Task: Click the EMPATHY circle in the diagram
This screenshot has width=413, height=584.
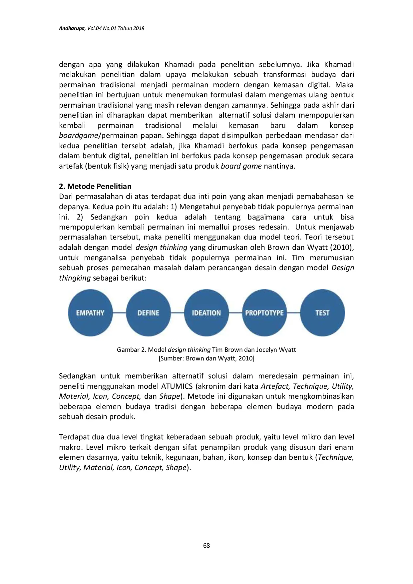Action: (90, 313)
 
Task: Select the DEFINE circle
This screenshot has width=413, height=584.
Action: (148, 313)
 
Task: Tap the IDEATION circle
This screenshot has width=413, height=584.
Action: (206, 313)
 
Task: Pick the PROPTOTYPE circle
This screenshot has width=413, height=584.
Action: (264, 313)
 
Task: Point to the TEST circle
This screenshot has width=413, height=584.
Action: (322, 313)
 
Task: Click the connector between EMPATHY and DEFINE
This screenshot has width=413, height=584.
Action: (119, 313)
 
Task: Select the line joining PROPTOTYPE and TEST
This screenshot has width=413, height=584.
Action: (293, 313)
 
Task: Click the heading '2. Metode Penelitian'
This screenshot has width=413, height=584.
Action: (95, 186)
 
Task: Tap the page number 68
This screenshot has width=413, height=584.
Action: (206, 545)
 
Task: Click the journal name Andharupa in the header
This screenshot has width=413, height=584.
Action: (72, 28)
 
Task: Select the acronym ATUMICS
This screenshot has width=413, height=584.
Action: (177, 386)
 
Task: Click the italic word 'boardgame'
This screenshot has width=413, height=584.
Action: (78, 136)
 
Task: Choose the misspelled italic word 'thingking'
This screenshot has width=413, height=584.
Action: (75, 278)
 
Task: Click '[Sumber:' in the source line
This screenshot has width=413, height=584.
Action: (171, 358)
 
